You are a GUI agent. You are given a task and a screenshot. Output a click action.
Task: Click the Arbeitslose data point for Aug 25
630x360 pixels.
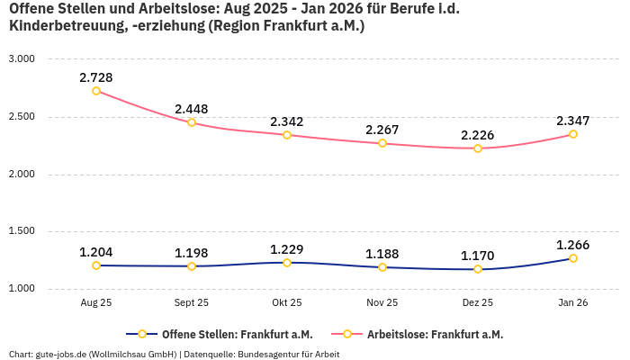pos(96,91)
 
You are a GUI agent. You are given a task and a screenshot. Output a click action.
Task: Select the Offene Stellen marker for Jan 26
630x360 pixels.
pos(573,258)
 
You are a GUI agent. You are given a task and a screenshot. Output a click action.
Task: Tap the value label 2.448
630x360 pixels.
pos(192,109)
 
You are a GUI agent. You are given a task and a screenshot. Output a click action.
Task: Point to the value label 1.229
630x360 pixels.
pos(287,249)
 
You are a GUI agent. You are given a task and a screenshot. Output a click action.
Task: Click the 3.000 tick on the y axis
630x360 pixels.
pos(21,58)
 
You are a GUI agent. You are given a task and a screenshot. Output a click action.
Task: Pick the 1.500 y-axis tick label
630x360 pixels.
pos(21,231)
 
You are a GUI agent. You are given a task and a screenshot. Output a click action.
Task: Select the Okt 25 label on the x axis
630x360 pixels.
pos(287,303)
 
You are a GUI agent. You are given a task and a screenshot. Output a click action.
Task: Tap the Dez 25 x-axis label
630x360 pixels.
pos(478,303)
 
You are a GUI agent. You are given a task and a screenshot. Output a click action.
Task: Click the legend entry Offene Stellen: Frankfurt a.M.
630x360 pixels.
pos(238,334)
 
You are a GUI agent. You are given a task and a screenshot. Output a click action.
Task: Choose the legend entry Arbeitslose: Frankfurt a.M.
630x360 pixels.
pos(435,334)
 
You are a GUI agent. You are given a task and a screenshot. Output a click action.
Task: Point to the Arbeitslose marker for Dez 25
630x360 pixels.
pos(478,148)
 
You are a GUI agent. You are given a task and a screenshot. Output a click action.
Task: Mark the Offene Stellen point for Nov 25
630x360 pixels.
pos(382,267)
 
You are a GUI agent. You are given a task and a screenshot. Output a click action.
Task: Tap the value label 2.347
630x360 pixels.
pos(573,121)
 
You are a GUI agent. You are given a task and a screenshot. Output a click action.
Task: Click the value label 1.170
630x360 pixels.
pos(478,256)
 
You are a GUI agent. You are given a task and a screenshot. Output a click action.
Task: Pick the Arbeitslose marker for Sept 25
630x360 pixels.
pos(192,122)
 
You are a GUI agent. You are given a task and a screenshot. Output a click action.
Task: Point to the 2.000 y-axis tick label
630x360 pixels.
pos(21,174)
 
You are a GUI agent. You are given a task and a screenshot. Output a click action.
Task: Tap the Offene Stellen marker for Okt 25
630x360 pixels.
pos(287,263)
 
